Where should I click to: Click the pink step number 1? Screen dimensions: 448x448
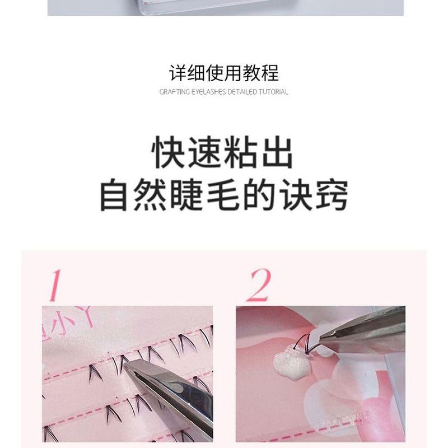pyautogui.click(x=55, y=285)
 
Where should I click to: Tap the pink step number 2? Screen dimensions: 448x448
pyautogui.click(x=259, y=285)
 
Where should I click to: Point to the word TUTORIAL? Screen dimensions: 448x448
pyautogui.click(x=273, y=92)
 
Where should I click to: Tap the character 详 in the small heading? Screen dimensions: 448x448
pyautogui.click(x=178, y=73)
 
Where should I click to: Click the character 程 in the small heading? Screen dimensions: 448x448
pyautogui.click(x=269, y=73)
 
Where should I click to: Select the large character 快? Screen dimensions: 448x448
pyautogui.click(x=169, y=152)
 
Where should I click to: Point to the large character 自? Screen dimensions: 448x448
pyautogui.click(x=114, y=195)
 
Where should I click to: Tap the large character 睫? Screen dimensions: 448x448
pyautogui.click(x=187, y=195)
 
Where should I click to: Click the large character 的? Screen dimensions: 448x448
pyautogui.click(x=259, y=195)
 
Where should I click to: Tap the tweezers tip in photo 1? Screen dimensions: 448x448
pyautogui.click(x=125, y=367)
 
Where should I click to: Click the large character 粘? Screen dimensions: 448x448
pyautogui.click(x=241, y=152)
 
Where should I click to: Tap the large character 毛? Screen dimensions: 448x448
pyautogui.click(x=223, y=195)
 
